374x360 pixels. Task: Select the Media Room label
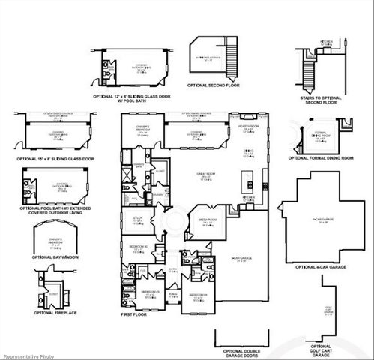pyautogui.click(x=207, y=222)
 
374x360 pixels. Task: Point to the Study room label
pyautogui.click(x=137, y=219)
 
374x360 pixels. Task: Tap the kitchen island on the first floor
pyautogui.click(x=244, y=181)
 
